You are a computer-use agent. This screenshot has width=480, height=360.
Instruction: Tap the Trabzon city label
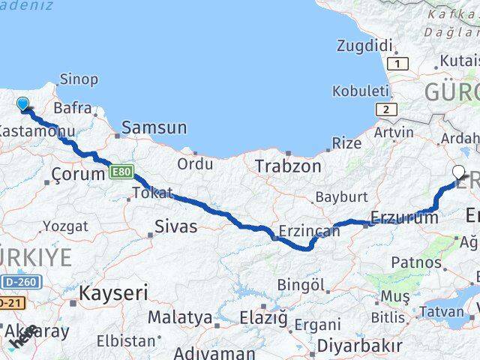click(288, 166)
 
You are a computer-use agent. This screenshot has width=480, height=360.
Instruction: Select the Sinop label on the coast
click(78, 79)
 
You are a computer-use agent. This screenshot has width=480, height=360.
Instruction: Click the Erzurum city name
click(403, 218)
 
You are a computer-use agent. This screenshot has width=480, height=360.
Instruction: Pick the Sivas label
click(175, 225)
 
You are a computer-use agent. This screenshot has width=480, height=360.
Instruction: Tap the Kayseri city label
click(114, 292)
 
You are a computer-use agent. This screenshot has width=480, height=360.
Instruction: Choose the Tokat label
click(152, 192)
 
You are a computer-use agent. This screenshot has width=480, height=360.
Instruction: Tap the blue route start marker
click(23, 105)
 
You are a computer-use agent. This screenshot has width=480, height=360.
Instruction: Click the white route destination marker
click(460, 172)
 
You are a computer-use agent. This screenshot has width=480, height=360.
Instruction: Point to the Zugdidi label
click(365, 46)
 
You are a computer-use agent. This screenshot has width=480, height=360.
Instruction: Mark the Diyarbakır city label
click(359, 346)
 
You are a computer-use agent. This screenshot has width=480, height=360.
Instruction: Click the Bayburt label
click(341, 197)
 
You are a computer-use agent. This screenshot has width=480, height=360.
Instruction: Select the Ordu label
click(195, 163)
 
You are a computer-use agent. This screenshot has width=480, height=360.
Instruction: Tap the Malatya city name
click(179, 317)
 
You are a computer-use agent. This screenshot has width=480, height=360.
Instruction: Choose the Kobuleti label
click(361, 90)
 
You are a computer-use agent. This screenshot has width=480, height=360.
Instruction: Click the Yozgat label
click(65, 226)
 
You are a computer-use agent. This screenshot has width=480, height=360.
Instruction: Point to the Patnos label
click(416, 262)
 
